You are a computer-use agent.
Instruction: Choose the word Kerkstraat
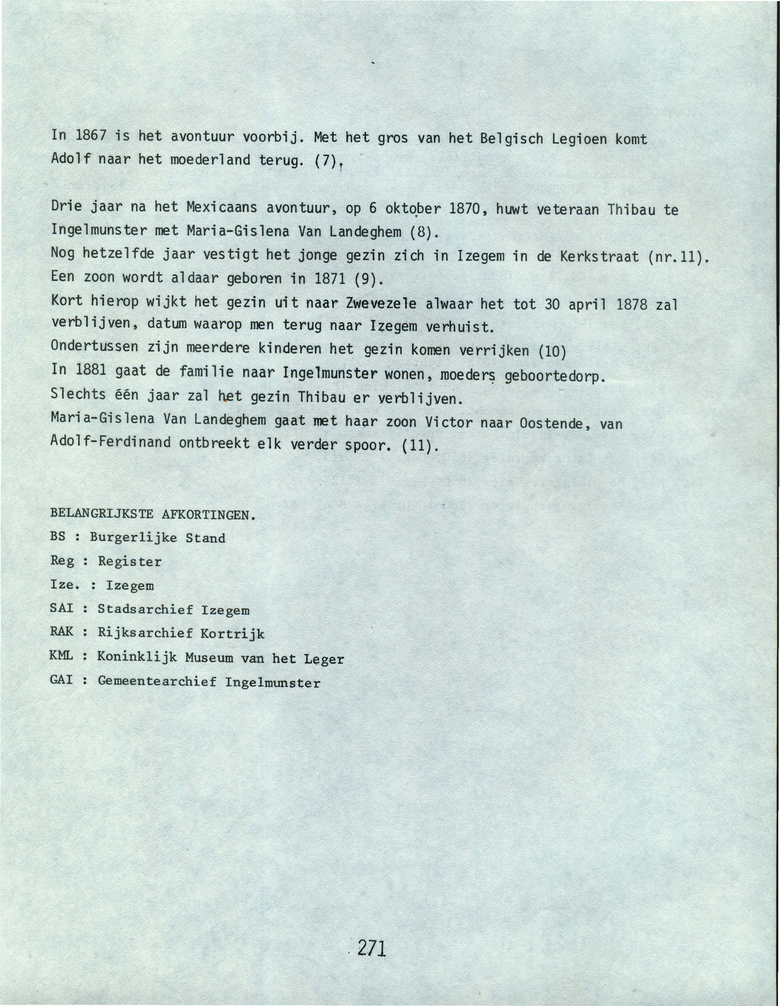pyautogui.click(x=599, y=257)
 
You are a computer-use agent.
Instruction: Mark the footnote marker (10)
pyautogui.click(x=552, y=351)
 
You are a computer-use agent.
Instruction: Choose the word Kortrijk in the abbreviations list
pyautogui.click(x=232, y=634)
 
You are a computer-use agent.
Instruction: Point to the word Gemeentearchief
pyautogui.click(x=157, y=681)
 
